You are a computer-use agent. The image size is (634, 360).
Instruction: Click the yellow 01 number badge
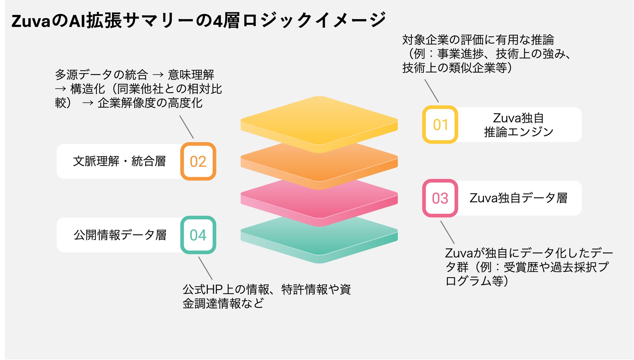(440, 125)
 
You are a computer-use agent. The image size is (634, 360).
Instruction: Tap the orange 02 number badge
(198, 161)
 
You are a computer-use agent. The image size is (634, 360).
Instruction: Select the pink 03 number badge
(440, 198)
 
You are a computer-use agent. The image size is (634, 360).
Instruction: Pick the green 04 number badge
(198, 235)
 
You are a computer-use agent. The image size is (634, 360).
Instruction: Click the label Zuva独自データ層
(518, 198)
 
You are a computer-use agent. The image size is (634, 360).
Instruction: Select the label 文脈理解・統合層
(119, 161)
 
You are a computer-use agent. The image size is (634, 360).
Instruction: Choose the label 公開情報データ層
(120, 235)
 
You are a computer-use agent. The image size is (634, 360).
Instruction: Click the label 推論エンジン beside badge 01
(518, 132)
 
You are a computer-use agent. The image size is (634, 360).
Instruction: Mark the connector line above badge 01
(431, 91)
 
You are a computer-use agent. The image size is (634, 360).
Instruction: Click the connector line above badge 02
(186, 127)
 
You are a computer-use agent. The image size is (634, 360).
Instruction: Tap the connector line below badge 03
(447, 233)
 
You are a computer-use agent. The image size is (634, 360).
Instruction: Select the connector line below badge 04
(205, 268)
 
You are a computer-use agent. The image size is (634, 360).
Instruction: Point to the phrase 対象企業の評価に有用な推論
(478, 40)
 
